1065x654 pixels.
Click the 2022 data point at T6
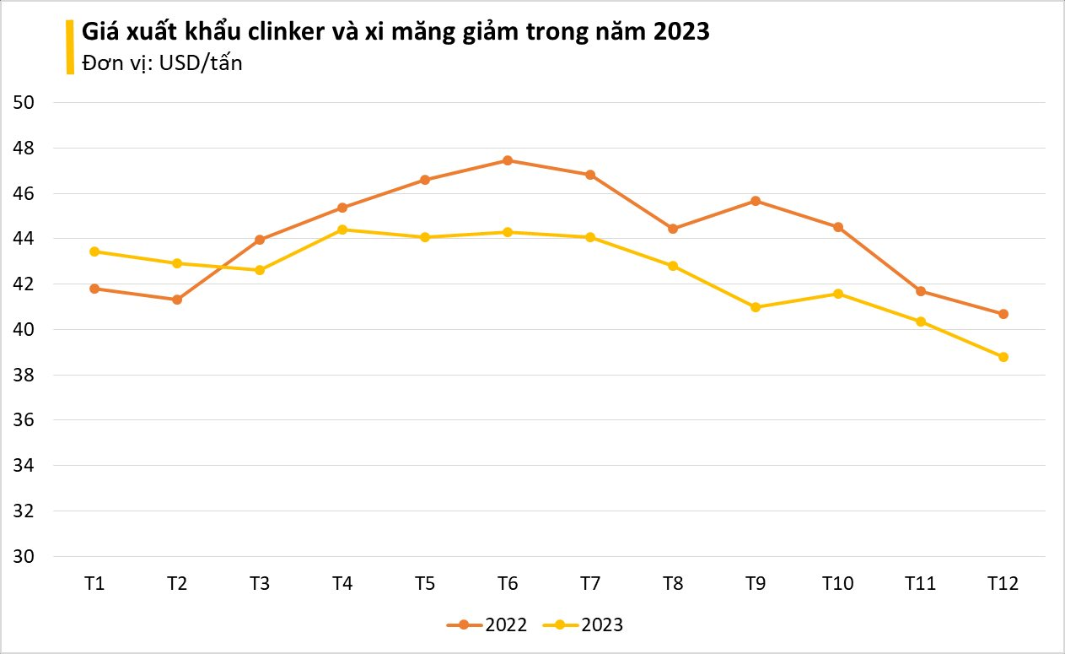[508, 160]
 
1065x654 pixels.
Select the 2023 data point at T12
[1003, 357]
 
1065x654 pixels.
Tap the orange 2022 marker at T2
[177, 300]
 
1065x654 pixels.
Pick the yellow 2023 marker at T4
[342, 230]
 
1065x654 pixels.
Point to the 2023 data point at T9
[756, 307]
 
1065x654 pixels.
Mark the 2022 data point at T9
[756, 201]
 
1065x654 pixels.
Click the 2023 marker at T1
[94, 251]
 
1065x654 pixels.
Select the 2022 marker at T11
[921, 291]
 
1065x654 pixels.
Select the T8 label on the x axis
[673, 583]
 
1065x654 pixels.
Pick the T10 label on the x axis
[838, 583]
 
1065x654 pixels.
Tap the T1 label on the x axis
[94, 583]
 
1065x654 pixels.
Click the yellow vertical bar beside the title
[70, 47]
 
